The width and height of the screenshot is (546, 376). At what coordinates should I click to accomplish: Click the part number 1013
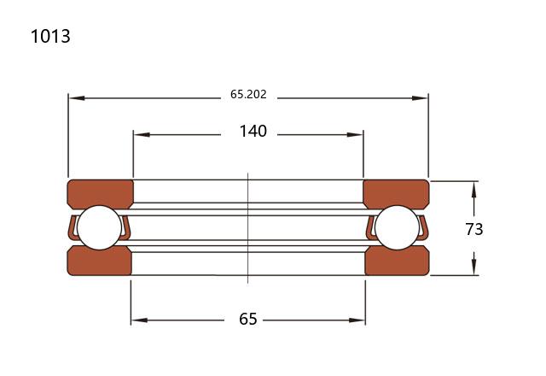point(50,36)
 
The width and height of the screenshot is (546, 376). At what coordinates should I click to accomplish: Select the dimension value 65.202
point(248,95)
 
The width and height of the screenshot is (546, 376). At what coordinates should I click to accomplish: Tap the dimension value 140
point(253,131)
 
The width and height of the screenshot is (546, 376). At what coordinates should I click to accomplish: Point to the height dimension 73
point(474,229)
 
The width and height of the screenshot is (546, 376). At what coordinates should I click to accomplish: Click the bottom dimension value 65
point(248,319)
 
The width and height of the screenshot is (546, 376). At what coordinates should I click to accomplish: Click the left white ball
point(99,227)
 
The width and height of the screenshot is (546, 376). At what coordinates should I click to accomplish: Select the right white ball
point(398,227)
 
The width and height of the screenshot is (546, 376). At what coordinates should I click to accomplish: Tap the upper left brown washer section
point(101,194)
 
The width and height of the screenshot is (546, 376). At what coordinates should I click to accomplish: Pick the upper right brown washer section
point(396,194)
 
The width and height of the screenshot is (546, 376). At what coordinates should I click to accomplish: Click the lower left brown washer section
point(100,261)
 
